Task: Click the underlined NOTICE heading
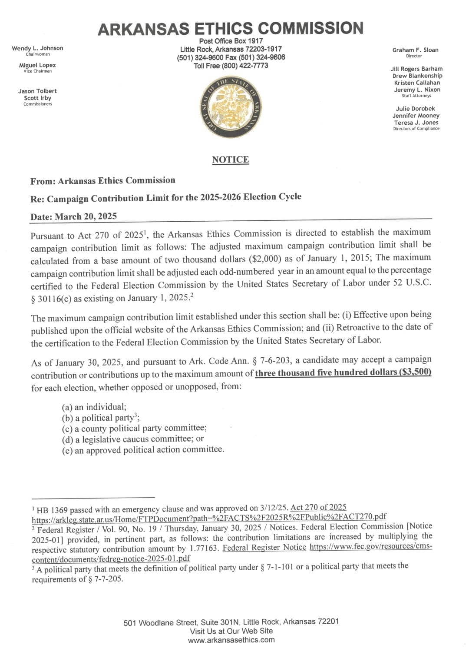(x=230, y=160)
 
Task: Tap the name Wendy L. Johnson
(x=37, y=48)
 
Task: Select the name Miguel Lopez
(x=37, y=65)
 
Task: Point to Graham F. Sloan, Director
(x=415, y=50)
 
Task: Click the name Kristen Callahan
(x=417, y=83)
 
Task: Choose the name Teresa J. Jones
(x=416, y=123)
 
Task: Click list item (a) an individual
(x=94, y=407)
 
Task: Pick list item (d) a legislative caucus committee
(x=132, y=439)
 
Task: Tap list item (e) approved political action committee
(x=143, y=450)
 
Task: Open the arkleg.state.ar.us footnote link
(x=209, y=517)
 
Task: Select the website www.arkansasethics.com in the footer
(x=231, y=640)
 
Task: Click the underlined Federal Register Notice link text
(x=264, y=548)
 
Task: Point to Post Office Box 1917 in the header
(x=231, y=41)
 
